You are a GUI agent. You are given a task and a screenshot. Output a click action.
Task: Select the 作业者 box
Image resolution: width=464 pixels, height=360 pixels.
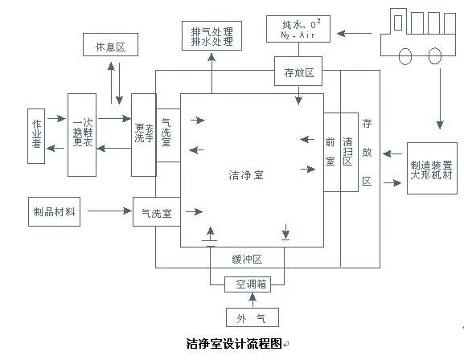(x=35, y=134)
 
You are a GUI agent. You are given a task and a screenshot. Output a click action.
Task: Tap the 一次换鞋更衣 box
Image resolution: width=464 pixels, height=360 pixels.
(x=82, y=134)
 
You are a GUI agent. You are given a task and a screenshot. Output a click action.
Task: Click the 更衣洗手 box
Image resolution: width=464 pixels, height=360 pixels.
(x=143, y=134)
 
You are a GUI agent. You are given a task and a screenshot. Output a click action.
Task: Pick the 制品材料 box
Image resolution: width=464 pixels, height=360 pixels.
(x=55, y=211)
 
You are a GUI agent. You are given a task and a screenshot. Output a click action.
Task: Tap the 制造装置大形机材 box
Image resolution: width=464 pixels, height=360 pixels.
(x=432, y=166)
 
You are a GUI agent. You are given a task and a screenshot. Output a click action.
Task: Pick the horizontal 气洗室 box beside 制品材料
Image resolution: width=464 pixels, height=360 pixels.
(x=155, y=213)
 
